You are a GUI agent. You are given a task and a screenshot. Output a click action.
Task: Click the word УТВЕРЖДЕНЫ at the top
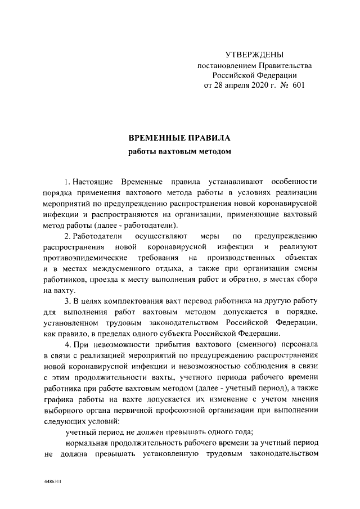(x=254, y=55)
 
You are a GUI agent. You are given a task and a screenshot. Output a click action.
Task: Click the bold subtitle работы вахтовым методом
(x=179, y=151)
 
